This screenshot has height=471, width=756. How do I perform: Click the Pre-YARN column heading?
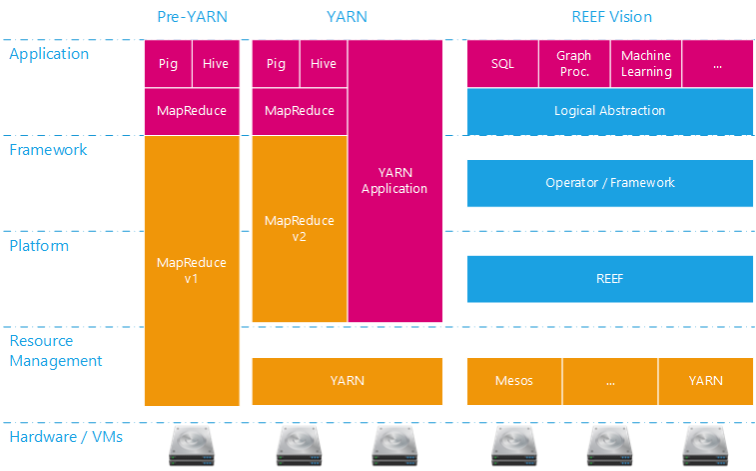[x=191, y=17]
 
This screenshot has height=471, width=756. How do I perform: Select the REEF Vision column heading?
[x=610, y=17]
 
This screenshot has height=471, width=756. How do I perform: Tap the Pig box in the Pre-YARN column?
[x=168, y=64]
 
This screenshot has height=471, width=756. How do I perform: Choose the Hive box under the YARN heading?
[x=324, y=64]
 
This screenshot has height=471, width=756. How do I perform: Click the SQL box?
[x=502, y=64]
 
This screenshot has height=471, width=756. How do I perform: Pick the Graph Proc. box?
[x=574, y=64]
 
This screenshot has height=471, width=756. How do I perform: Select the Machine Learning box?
[x=645, y=64]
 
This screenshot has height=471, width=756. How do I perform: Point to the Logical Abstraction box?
[x=609, y=111]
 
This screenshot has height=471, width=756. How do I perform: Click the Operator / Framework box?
[x=609, y=183]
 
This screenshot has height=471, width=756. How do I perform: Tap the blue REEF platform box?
[x=609, y=279]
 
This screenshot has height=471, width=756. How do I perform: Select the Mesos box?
[x=514, y=381]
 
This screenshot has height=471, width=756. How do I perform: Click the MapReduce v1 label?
[x=192, y=270]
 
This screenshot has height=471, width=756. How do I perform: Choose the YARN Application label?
[x=394, y=181]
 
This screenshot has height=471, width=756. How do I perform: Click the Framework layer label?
[x=48, y=150]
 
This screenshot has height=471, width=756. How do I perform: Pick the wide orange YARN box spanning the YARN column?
[x=347, y=381]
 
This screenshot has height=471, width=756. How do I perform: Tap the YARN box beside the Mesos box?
[x=705, y=381]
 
